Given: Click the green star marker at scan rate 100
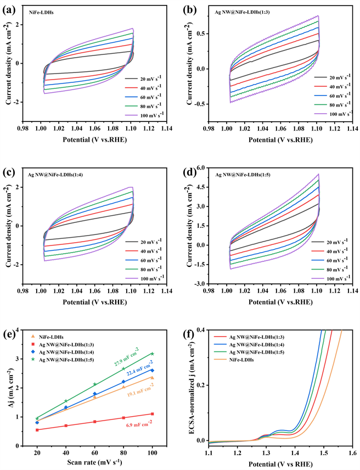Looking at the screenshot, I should (152, 354).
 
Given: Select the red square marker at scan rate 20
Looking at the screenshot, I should (37, 430).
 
